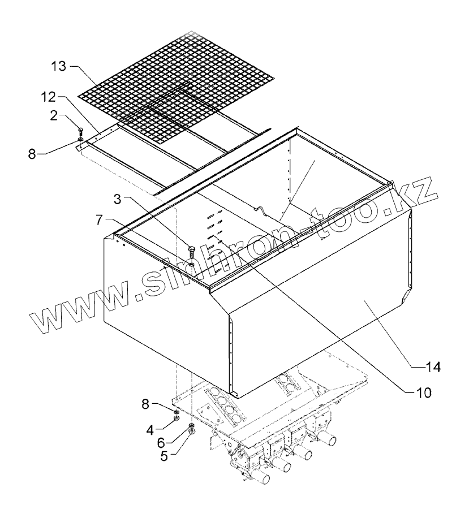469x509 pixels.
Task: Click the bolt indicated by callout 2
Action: click(x=80, y=131)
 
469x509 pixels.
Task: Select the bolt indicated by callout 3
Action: click(x=192, y=251)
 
